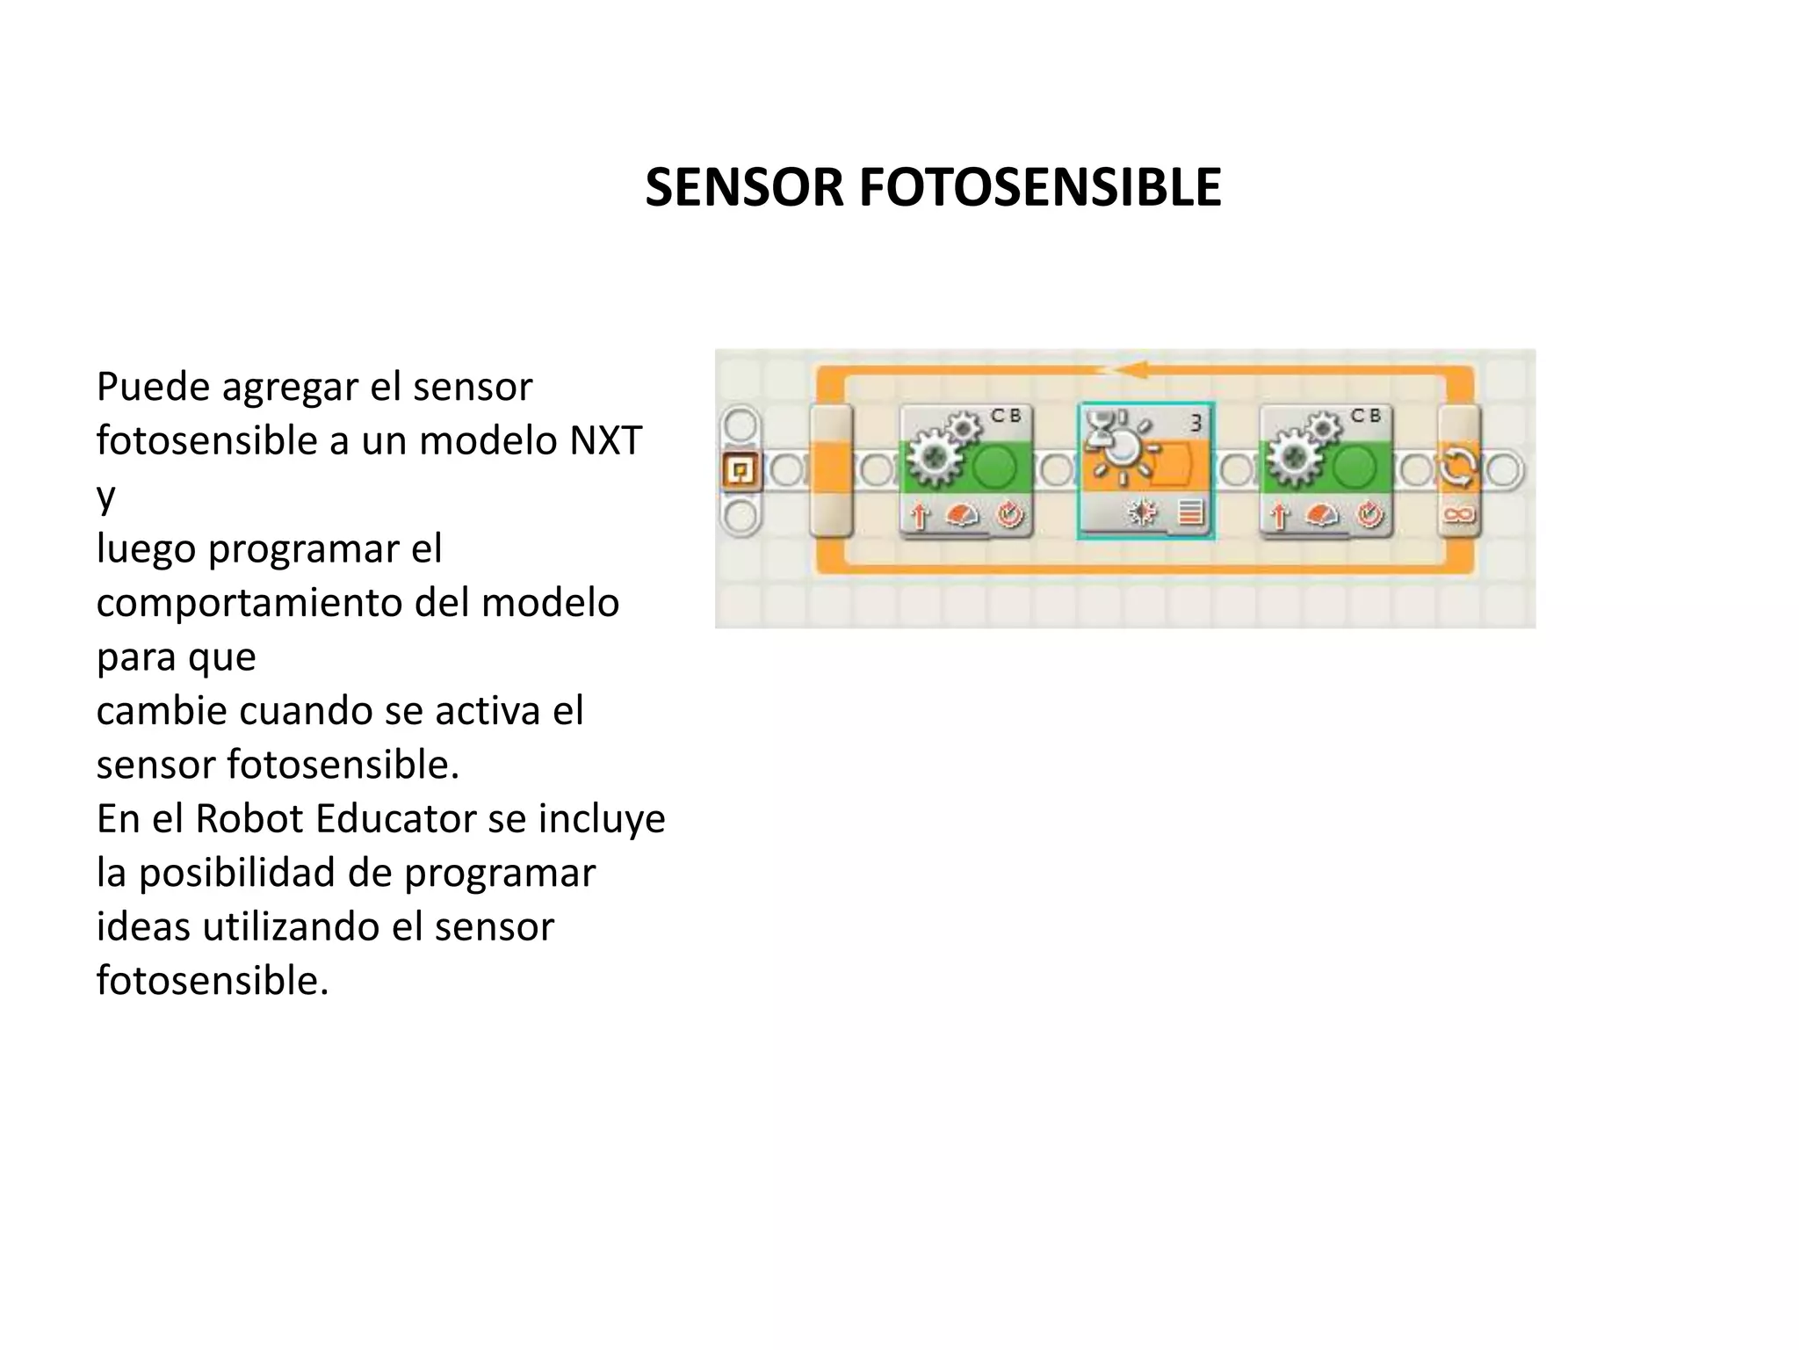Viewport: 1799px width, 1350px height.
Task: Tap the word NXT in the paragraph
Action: tap(606, 439)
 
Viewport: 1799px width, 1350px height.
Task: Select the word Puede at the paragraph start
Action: tap(153, 387)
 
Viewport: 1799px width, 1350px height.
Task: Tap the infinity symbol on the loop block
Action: tap(1458, 514)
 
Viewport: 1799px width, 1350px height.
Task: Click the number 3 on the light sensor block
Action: tap(1196, 424)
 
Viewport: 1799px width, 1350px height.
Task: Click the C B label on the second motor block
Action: tap(1365, 416)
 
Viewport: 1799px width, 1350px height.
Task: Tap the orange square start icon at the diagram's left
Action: tap(741, 470)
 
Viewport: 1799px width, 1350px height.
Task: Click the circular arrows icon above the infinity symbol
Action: tap(1459, 467)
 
